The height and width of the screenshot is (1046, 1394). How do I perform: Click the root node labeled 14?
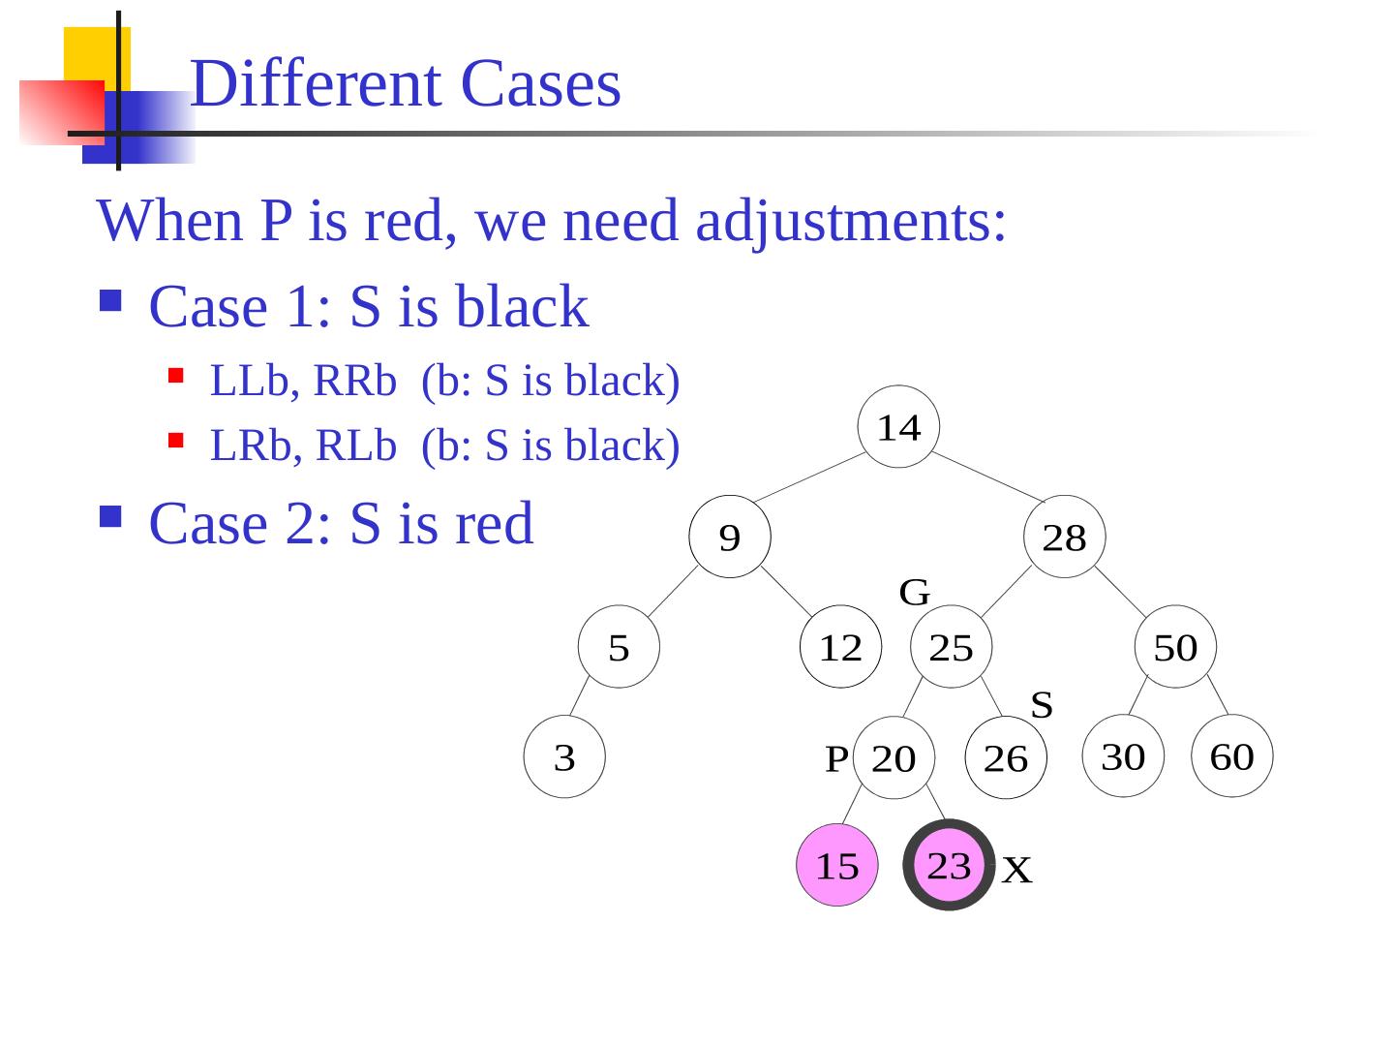(898, 427)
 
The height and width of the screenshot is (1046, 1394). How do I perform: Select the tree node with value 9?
(730, 537)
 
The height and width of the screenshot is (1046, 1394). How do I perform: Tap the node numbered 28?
(1064, 537)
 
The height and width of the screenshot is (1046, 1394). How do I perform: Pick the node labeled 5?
(619, 647)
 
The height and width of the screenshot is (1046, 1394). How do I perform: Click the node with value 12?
(841, 647)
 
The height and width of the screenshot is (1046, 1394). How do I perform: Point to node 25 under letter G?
(952, 647)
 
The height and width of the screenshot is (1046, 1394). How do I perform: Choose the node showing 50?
(1175, 647)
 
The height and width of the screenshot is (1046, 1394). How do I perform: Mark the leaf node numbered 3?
(564, 757)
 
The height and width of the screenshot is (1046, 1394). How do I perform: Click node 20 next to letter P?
(894, 757)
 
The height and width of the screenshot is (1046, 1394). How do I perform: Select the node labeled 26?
(1006, 757)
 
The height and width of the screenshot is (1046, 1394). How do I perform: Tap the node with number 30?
(1123, 756)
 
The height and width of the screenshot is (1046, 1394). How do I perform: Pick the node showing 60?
(1232, 756)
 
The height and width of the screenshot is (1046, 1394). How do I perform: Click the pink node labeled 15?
(837, 865)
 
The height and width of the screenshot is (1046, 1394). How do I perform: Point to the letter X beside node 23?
(1017, 871)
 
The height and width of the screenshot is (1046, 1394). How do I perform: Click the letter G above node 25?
(915, 591)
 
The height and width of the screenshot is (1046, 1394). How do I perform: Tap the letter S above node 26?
(1042, 704)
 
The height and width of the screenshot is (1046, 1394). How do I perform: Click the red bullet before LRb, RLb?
(175, 441)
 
